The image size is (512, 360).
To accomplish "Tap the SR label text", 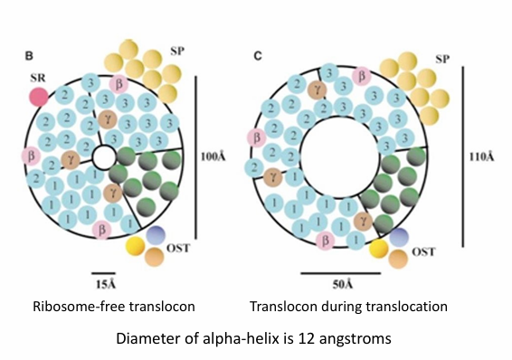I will tap(38, 77).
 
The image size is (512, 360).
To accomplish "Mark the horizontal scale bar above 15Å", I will tap(104, 269).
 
